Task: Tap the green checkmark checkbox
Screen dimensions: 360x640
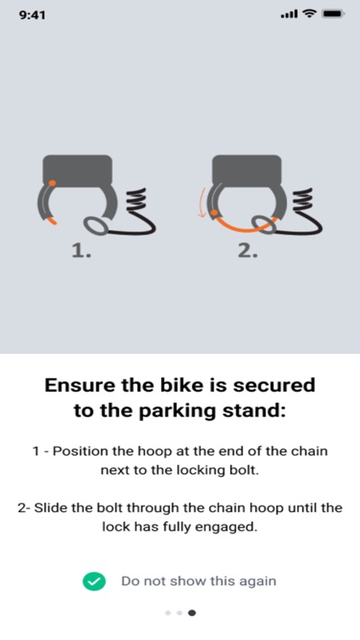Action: (94, 581)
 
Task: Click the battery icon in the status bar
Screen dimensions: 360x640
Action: (334, 15)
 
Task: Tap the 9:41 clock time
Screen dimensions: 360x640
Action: (32, 15)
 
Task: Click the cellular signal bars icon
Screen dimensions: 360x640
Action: (289, 15)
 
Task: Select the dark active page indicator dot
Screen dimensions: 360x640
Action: (192, 613)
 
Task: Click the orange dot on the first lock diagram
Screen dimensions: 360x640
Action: (52, 183)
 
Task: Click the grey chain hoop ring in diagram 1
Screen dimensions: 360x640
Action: (96, 226)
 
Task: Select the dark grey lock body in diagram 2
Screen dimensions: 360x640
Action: (247, 170)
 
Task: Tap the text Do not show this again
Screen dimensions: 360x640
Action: (199, 581)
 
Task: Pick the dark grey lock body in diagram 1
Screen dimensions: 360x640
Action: (78, 170)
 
